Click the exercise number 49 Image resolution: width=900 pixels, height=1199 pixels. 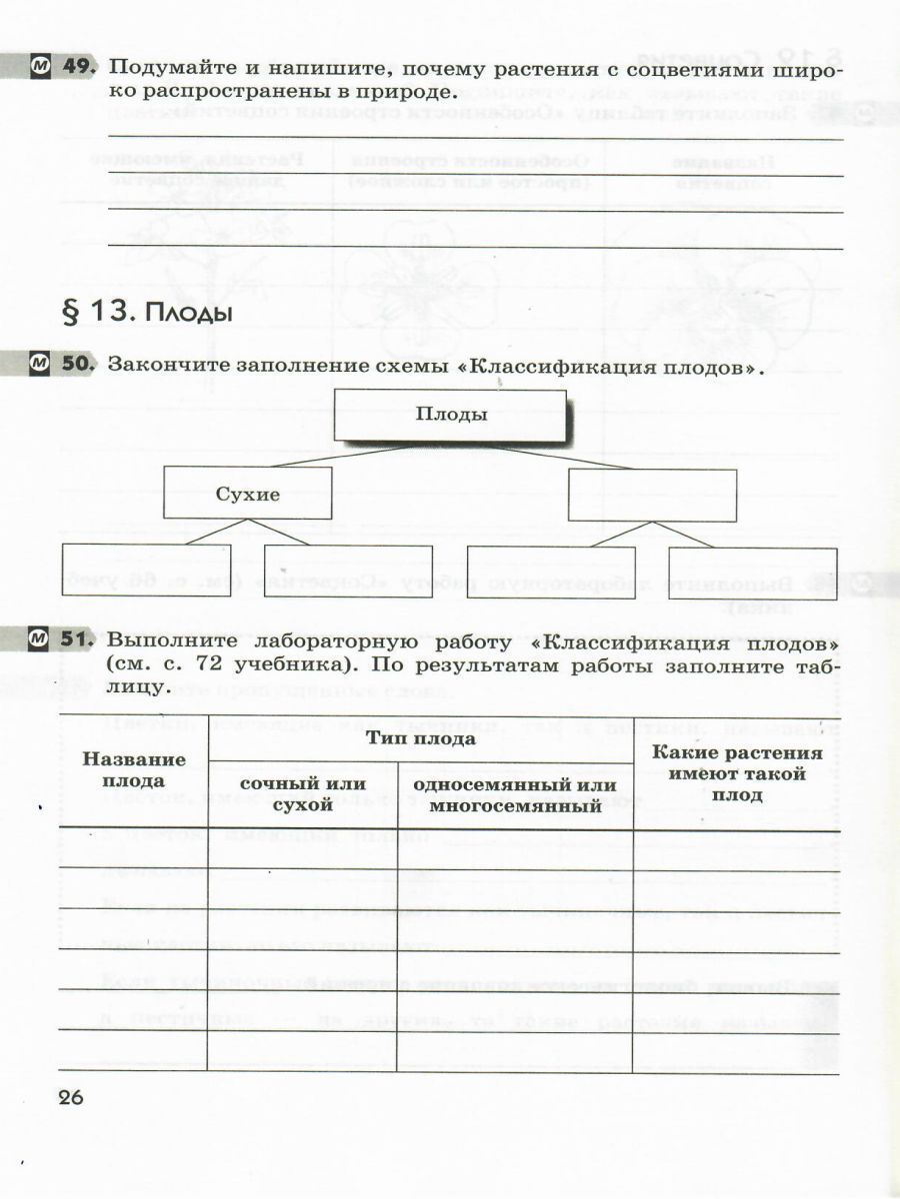pos(78,68)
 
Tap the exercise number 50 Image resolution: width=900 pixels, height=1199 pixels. pos(78,365)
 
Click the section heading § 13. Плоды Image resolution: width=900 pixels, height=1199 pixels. pos(148,313)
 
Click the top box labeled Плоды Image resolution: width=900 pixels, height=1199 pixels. pos(451,415)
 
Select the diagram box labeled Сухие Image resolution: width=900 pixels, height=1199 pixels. pos(247,494)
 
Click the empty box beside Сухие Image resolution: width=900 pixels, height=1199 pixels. pos(652,495)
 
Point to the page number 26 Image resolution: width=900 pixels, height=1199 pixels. pos(71,1097)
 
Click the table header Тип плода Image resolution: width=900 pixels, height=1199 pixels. pos(420,739)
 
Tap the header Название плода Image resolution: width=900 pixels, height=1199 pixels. pos(134,769)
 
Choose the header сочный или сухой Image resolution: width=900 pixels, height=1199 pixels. pos(302,794)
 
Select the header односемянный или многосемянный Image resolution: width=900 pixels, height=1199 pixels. pos(514,795)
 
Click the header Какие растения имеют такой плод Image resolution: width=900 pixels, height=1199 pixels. pos(736,774)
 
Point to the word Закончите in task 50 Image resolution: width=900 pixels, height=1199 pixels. pos(163,366)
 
